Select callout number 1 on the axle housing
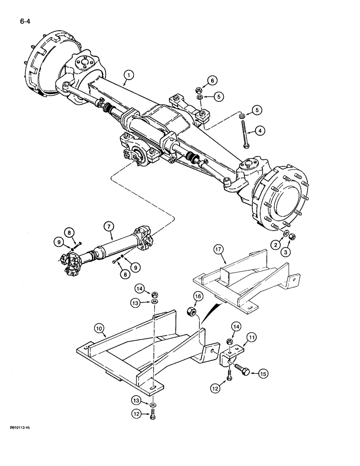pos(129,74)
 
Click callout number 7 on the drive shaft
pos(109,226)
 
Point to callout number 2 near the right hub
pos(276,244)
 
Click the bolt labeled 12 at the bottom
pos(153,415)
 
